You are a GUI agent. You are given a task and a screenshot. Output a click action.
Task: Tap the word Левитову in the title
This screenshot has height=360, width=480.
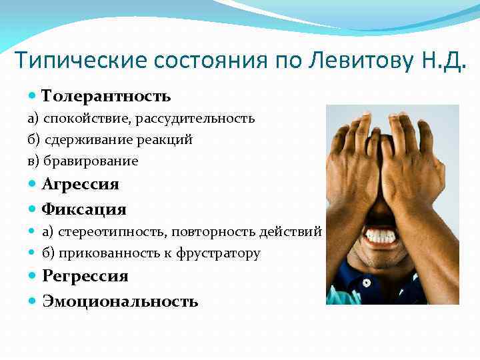[355, 61]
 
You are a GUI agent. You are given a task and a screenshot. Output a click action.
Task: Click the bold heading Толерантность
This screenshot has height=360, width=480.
[107, 97]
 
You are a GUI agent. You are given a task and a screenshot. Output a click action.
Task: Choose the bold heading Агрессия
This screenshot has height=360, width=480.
[80, 184]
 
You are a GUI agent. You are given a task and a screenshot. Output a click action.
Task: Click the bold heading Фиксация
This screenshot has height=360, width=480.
[84, 209]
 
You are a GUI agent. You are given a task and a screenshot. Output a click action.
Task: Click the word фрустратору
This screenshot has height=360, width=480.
[219, 253]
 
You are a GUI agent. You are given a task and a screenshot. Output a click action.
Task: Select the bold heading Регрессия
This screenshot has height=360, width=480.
[85, 276]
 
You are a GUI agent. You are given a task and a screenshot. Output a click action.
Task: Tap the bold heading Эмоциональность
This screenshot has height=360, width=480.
[121, 301]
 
